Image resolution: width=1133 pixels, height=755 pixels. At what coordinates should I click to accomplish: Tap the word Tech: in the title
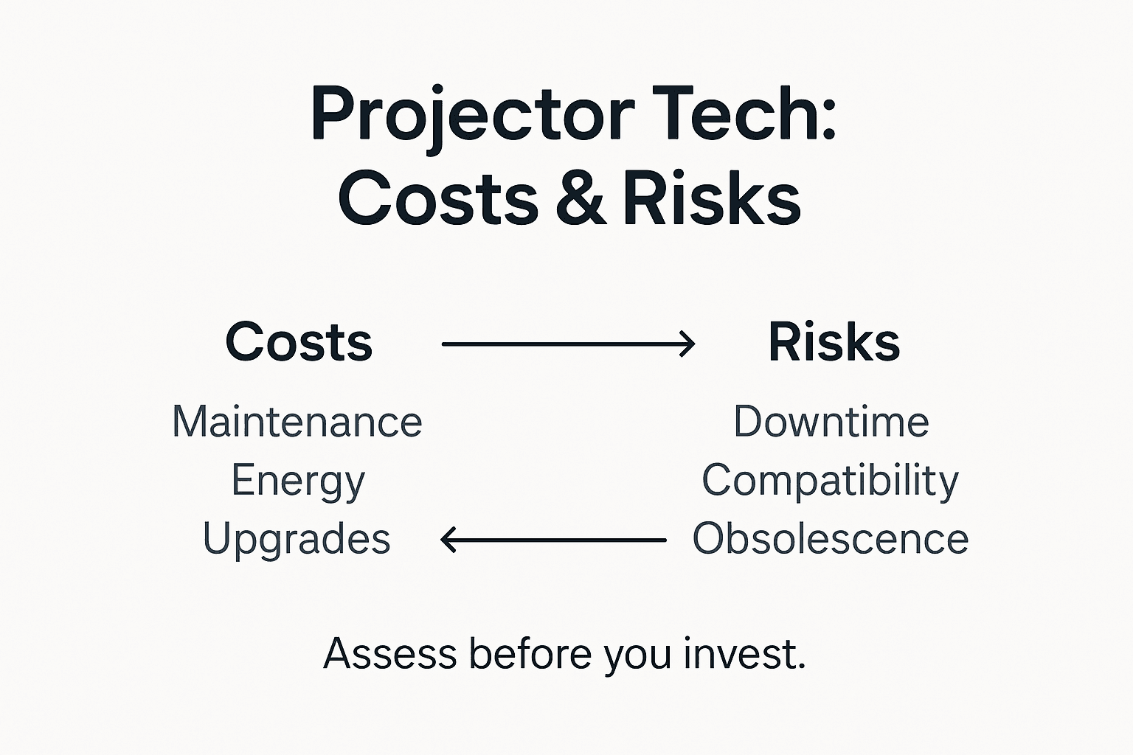click(746, 114)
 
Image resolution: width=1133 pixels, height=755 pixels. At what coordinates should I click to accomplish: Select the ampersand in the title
click(582, 198)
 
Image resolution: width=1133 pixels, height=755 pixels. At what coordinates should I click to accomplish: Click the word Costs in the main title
click(438, 198)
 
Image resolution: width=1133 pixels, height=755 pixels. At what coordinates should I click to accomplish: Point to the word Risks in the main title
click(711, 198)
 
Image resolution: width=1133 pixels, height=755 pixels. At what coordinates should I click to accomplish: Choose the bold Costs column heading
click(299, 342)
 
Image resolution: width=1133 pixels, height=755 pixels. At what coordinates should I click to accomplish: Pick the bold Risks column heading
click(834, 342)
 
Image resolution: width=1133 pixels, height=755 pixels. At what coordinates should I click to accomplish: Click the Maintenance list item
click(297, 422)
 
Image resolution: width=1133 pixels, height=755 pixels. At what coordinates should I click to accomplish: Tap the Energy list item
click(298, 481)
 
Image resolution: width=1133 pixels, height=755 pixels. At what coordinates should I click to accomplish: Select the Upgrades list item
click(297, 540)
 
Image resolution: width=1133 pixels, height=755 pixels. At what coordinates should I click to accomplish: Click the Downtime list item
click(831, 422)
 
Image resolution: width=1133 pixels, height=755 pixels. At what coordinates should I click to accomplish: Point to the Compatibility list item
click(830, 481)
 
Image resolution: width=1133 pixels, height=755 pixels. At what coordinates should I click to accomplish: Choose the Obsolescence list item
click(830, 539)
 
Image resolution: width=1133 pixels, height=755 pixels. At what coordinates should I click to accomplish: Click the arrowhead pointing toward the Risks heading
click(687, 344)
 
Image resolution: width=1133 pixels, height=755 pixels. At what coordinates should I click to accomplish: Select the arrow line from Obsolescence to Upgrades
click(561, 540)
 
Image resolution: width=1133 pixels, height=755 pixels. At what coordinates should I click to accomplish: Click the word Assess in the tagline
click(389, 653)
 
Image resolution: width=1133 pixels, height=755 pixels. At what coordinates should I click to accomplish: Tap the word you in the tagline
click(637, 655)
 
